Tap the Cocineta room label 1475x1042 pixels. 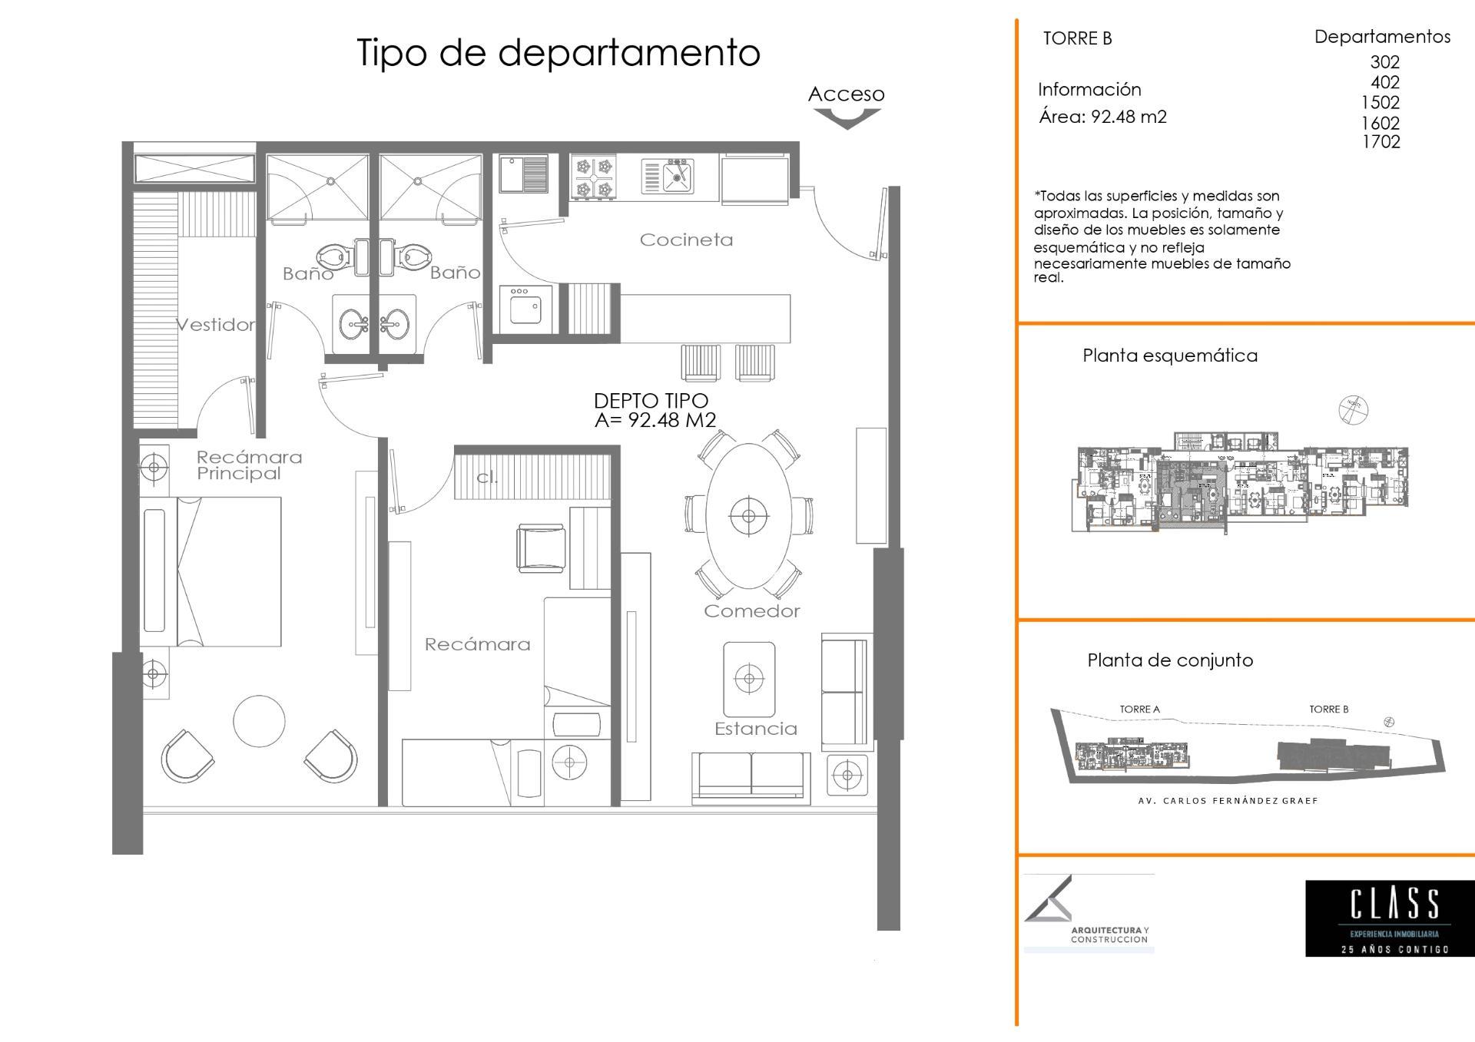pyautogui.click(x=686, y=240)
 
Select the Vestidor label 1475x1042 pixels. pyautogui.click(x=216, y=325)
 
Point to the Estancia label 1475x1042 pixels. pyautogui.click(x=756, y=729)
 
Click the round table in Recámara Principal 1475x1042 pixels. pyautogui.click(x=259, y=721)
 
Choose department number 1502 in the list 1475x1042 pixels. pyautogui.click(x=1380, y=103)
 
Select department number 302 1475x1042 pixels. pyautogui.click(x=1384, y=62)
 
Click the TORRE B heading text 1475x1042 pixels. pyautogui.click(x=1077, y=38)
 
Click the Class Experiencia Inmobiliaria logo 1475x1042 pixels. pyautogui.click(x=1390, y=918)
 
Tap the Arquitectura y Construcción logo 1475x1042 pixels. pyautogui.click(x=1089, y=913)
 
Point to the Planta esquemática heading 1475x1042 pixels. pyautogui.click(x=1170, y=356)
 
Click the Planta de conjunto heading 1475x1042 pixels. pyautogui.click(x=1170, y=660)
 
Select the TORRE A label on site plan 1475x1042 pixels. pyautogui.click(x=1139, y=710)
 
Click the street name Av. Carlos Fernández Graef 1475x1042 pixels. pyautogui.click(x=1228, y=800)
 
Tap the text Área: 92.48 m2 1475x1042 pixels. pyautogui.click(x=1102, y=117)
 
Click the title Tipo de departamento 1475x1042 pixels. pyautogui.click(x=559, y=53)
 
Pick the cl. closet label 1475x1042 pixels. pyautogui.click(x=487, y=477)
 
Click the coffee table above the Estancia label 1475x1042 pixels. pyautogui.click(x=748, y=679)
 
